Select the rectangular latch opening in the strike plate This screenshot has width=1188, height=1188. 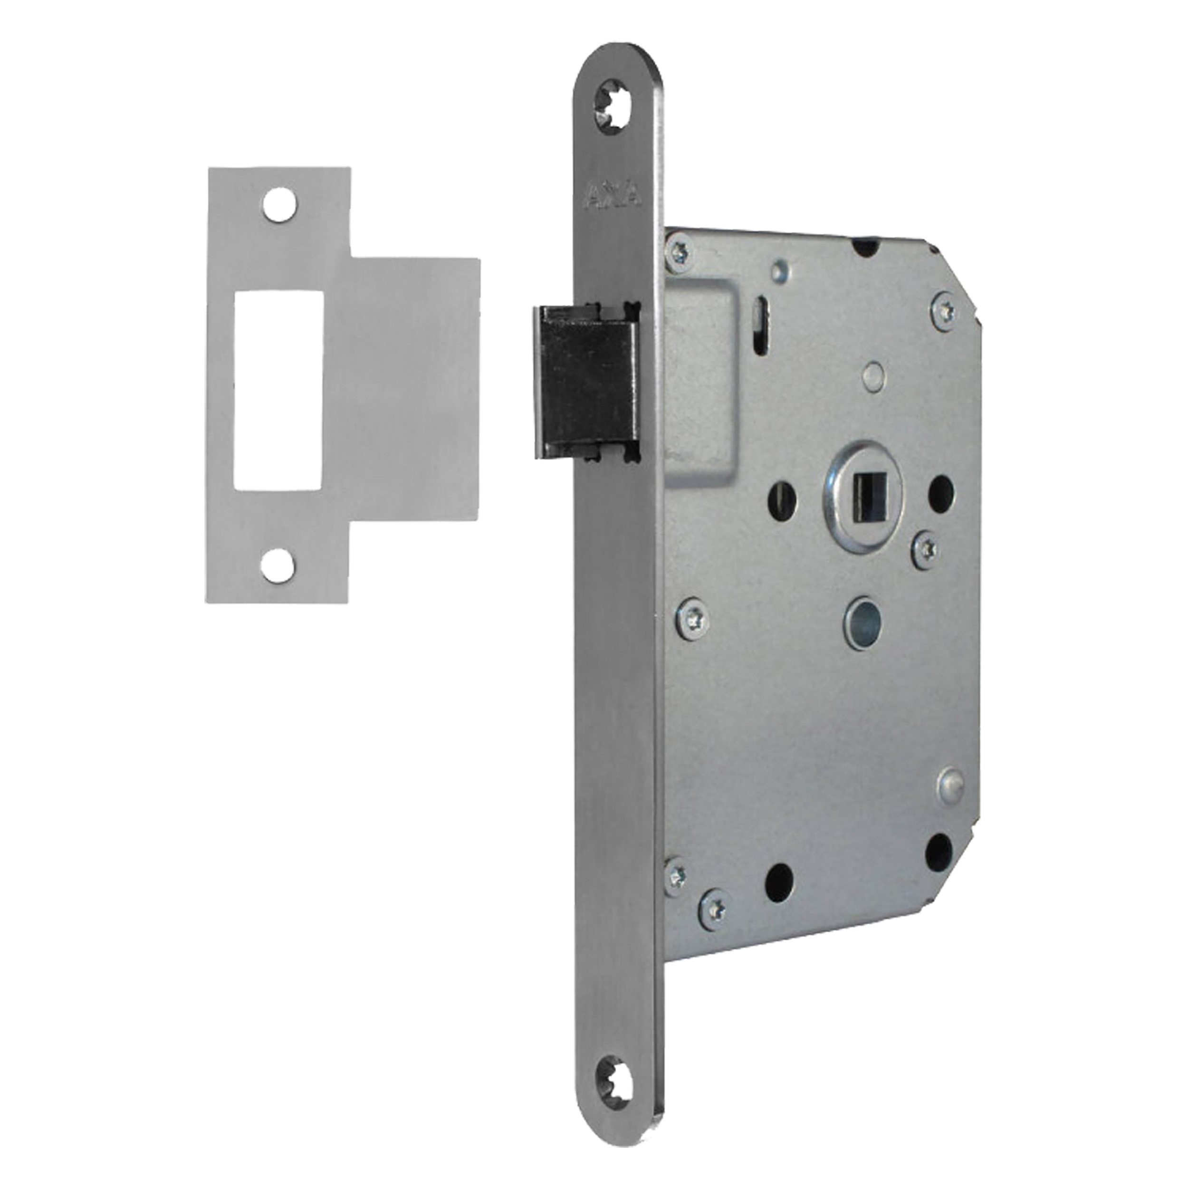[278, 391]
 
